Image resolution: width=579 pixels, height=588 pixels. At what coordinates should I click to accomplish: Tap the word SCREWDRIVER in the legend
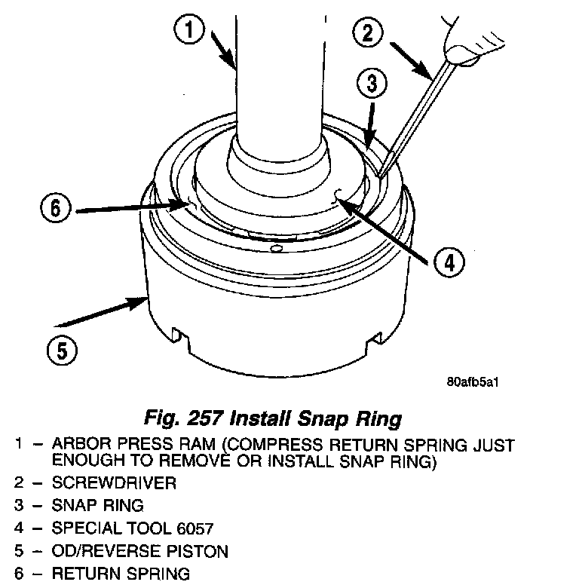[x=114, y=483]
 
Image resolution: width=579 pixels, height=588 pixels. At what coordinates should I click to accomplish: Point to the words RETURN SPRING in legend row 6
[x=120, y=574]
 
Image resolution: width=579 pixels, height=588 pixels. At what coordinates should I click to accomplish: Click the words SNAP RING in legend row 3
[x=97, y=505]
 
